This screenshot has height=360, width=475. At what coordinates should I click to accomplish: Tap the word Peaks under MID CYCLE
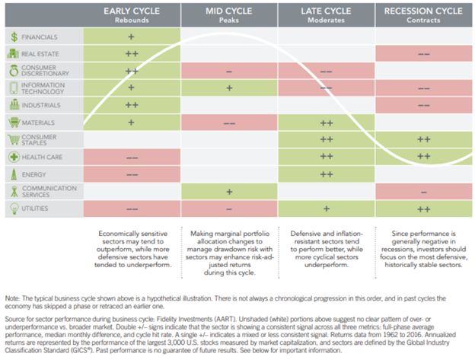coord(229,21)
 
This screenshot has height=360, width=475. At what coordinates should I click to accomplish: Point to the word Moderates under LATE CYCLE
coord(327,21)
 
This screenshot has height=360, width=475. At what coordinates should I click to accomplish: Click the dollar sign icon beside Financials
coord(14,36)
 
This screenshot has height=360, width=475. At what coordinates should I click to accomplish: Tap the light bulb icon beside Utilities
coord(14,206)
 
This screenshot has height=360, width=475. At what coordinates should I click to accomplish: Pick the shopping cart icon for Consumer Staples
coord(14,139)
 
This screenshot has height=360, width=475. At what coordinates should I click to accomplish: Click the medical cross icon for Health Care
coord(14,156)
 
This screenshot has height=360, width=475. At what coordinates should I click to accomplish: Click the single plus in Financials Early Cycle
coord(131,36)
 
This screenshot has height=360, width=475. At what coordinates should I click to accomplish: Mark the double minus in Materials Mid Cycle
coord(229,122)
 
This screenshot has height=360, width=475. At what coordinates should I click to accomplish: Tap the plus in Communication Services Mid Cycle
coord(229,190)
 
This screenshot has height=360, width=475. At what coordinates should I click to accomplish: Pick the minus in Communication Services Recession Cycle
coord(424,190)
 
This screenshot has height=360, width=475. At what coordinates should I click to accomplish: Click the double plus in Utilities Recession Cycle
coord(424,207)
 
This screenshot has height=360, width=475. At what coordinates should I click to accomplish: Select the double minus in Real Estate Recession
coord(424,53)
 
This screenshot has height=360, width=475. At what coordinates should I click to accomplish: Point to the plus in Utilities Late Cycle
coord(327,207)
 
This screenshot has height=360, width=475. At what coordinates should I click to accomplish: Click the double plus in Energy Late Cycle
coord(327,174)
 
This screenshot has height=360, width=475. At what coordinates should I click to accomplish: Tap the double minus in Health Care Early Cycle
coord(131,156)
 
